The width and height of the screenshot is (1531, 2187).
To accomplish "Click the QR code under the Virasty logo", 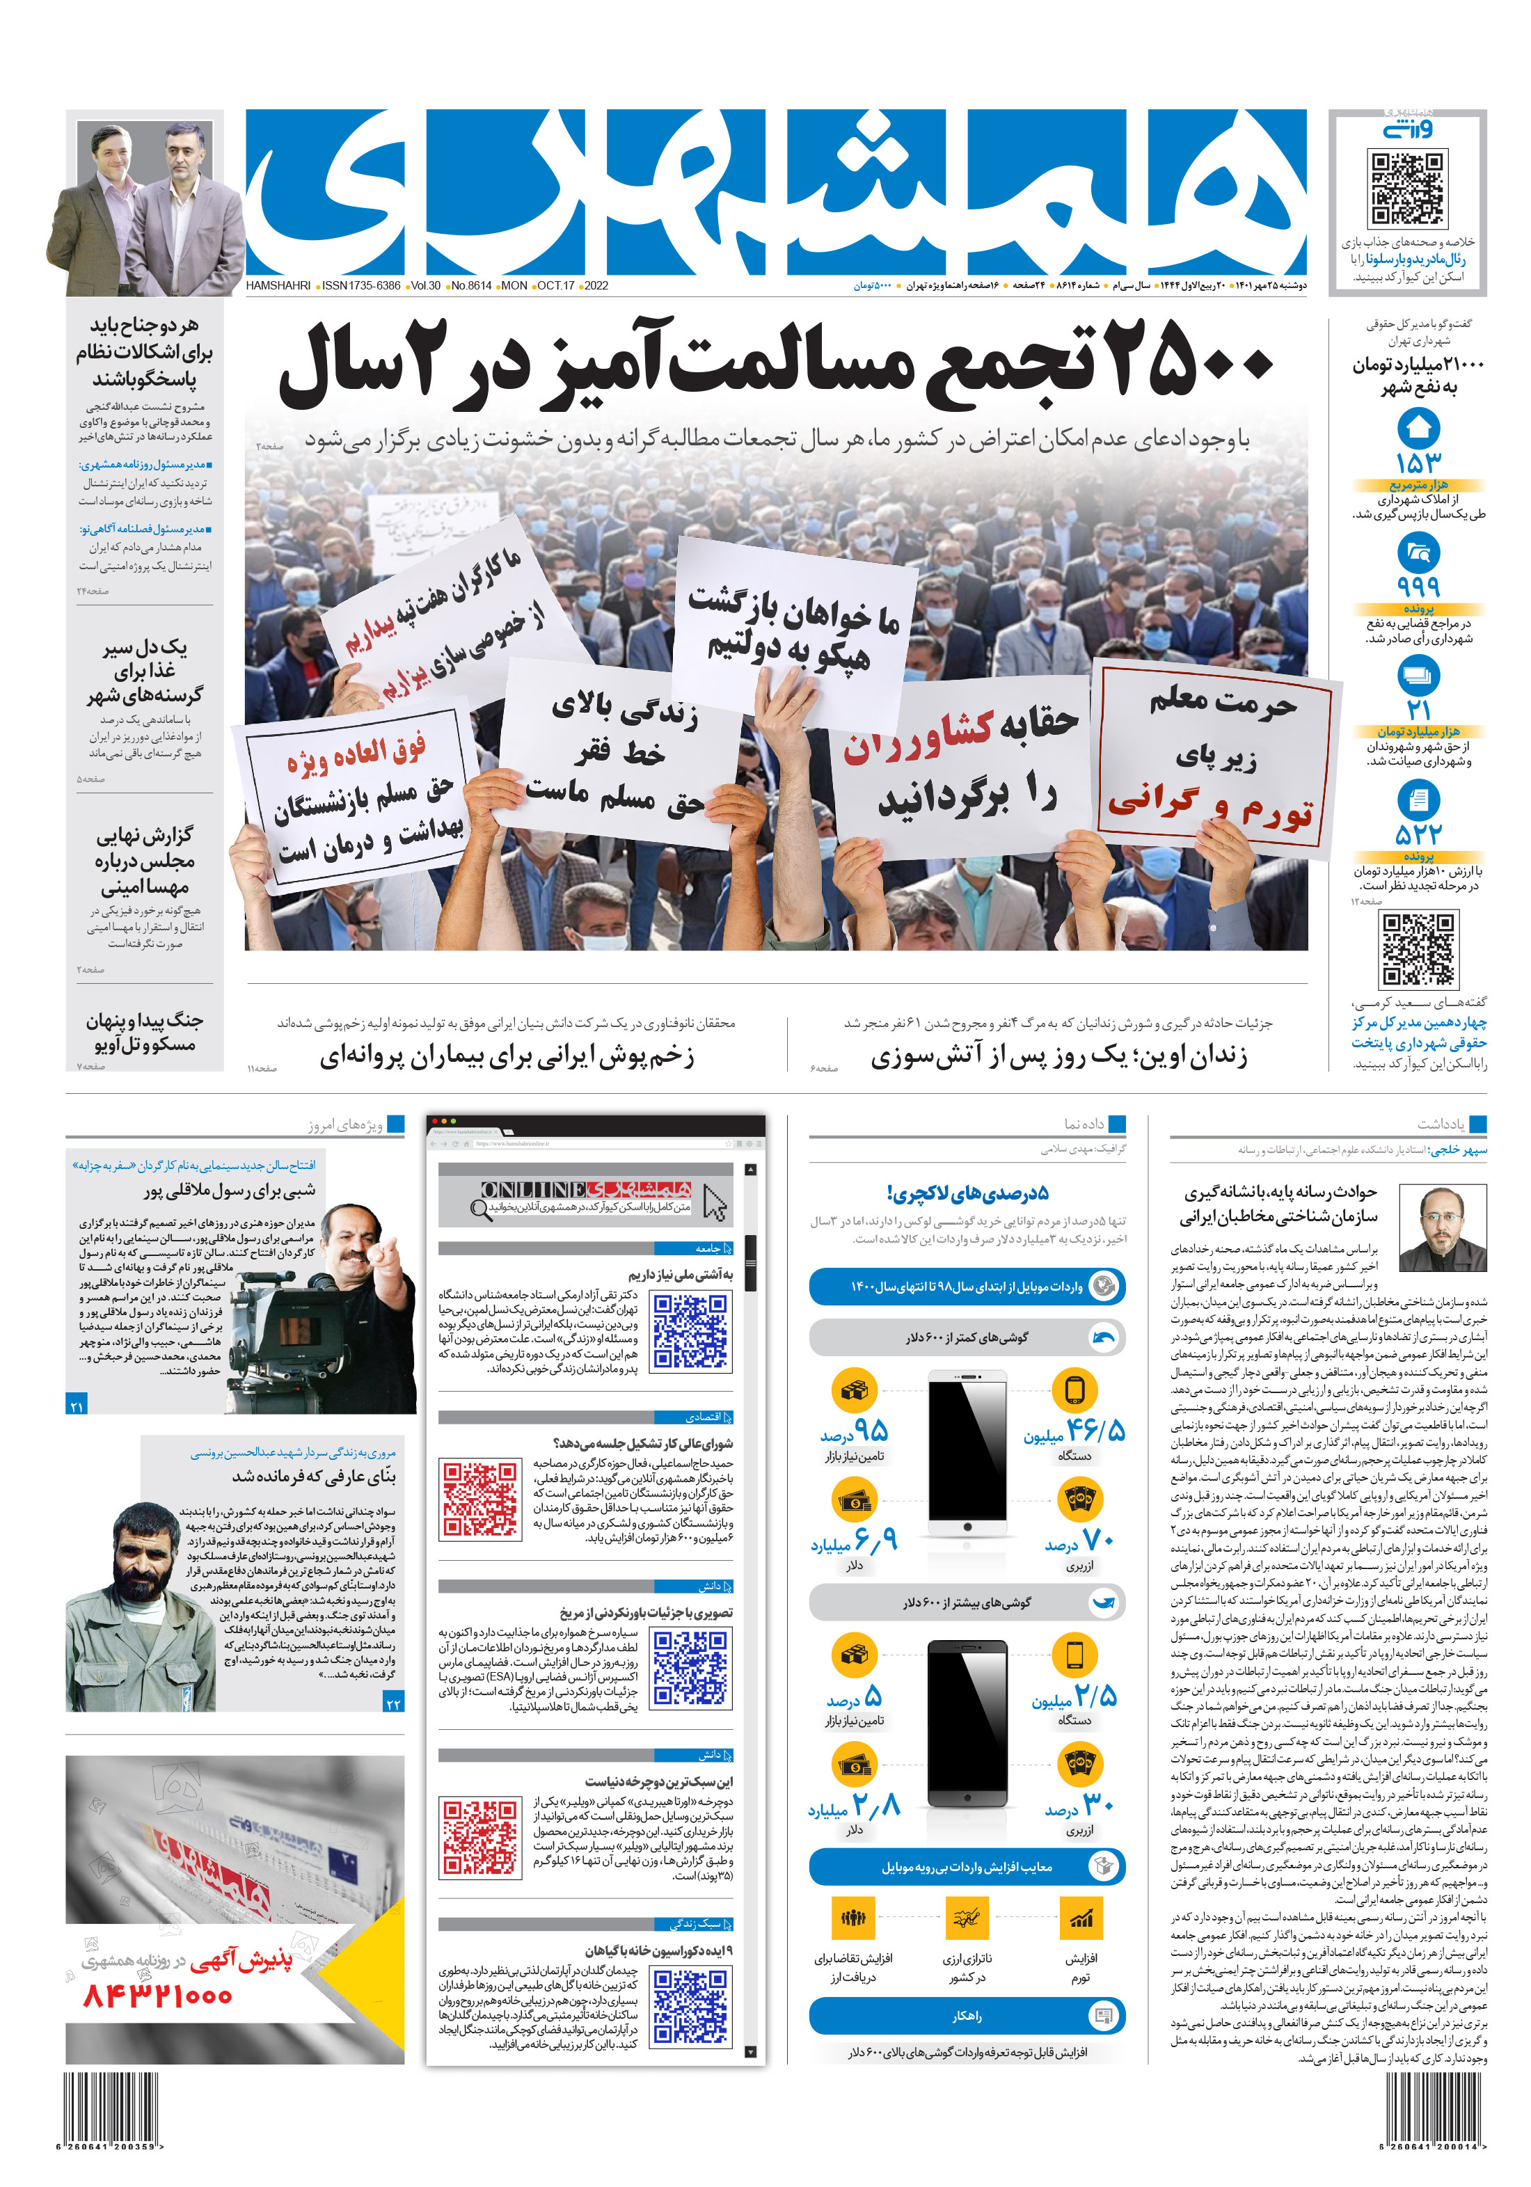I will pyautogui.click(x=1406, y=188).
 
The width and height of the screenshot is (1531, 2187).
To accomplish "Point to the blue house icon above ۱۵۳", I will pyautogui.click(x=1418, y=429).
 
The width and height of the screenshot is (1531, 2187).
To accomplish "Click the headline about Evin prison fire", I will pyautogui.click(x=1058, y=1056).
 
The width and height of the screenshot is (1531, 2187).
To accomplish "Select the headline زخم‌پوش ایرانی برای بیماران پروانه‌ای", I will pyautogui.click(x=506, y=1056).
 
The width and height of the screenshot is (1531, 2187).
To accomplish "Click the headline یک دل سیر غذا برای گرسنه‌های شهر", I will pyautogui.click(x=145, y=671).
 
